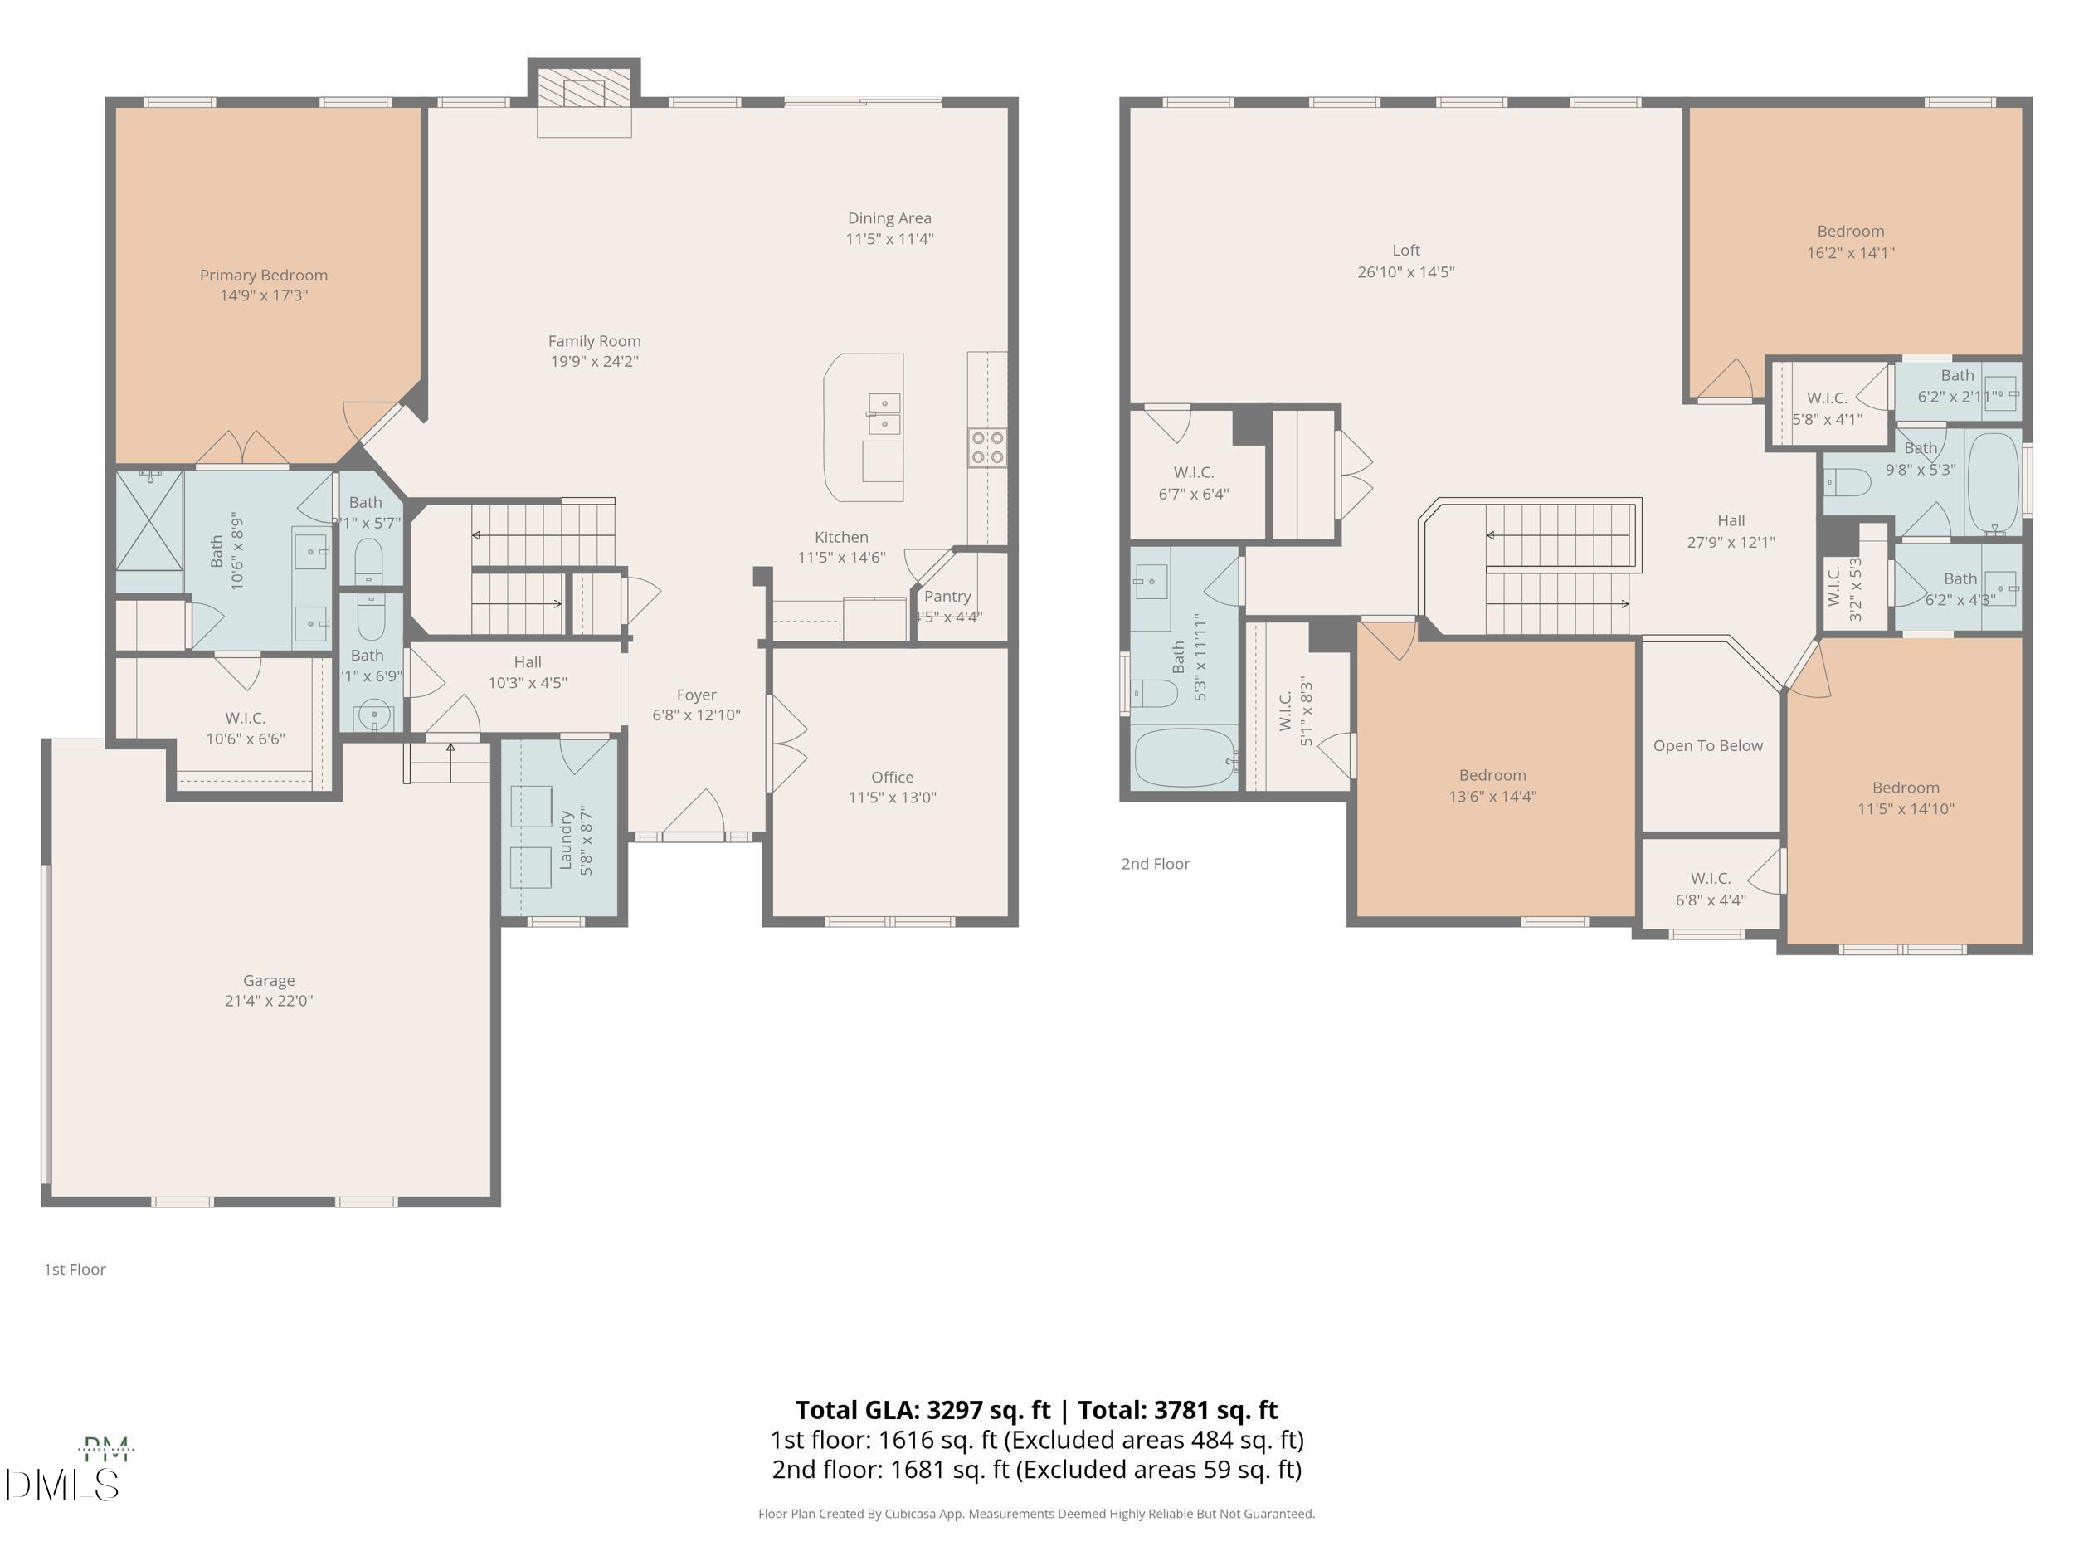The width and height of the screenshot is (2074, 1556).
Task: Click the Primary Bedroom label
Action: pos(264,275)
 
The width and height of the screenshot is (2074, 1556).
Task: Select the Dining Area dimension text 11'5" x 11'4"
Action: pos(889,239)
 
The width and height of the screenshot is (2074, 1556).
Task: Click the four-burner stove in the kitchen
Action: pos(987,447)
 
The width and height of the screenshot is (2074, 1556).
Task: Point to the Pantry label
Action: pos(947,597)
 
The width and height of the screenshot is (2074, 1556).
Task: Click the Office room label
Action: pos(892,777)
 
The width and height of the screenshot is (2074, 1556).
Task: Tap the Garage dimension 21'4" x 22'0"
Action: pos(268,1001)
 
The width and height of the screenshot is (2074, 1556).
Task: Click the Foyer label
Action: pos(696,695)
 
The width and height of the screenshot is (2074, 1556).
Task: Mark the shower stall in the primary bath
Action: pos(149,520)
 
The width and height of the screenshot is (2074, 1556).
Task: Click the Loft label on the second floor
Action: pos(1405,251)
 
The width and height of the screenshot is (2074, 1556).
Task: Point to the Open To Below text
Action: pos(1707,746)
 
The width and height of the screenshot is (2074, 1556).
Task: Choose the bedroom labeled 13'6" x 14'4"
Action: pos(1492,786)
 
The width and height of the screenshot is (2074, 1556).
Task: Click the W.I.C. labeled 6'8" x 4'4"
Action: pos(1710,889)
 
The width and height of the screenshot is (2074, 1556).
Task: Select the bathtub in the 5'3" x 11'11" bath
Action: pos(1184,757)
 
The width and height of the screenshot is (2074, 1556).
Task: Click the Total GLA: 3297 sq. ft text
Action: pos(923,1410)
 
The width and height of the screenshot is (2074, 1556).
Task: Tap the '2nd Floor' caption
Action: pos(1155,864)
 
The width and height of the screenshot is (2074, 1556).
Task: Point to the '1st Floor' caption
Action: pos(75,1269)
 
